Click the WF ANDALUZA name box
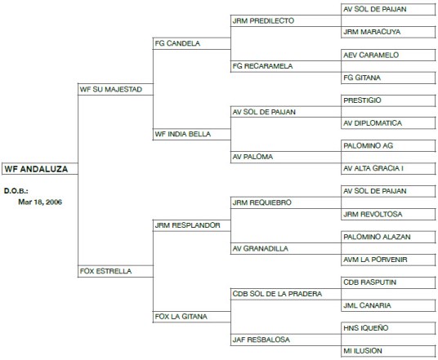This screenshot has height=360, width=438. point(40,169)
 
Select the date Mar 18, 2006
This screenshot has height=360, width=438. point(40,202)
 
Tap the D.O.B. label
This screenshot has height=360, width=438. point(16,191)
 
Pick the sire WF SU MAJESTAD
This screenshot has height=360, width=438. point(111,89)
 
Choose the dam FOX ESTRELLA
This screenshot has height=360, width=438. point(105,271)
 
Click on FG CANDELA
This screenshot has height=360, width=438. point(177,43)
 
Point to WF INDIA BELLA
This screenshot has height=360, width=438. point(183,134)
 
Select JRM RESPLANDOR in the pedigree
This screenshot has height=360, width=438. point(187,225)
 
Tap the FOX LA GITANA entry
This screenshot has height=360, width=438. point(181,317)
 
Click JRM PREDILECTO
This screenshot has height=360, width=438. point(263,21)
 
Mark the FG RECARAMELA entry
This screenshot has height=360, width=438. point(262,66)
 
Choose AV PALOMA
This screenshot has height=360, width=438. point(253,157)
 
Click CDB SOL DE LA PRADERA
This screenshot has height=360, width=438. point(277,294)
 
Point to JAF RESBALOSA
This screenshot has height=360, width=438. point(261,340)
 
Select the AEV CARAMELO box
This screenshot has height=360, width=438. point(388,55)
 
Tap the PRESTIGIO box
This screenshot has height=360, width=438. point(388,100)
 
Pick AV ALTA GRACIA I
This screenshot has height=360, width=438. point(388,168)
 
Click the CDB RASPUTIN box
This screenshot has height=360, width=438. point(388,282)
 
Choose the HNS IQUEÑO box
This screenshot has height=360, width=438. point(388,328)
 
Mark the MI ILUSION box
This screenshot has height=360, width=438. point(388,351)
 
